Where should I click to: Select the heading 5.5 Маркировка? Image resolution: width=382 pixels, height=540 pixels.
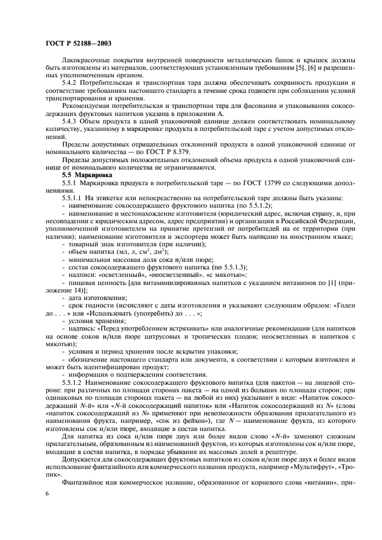86,174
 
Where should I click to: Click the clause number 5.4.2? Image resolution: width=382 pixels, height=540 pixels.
72,83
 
